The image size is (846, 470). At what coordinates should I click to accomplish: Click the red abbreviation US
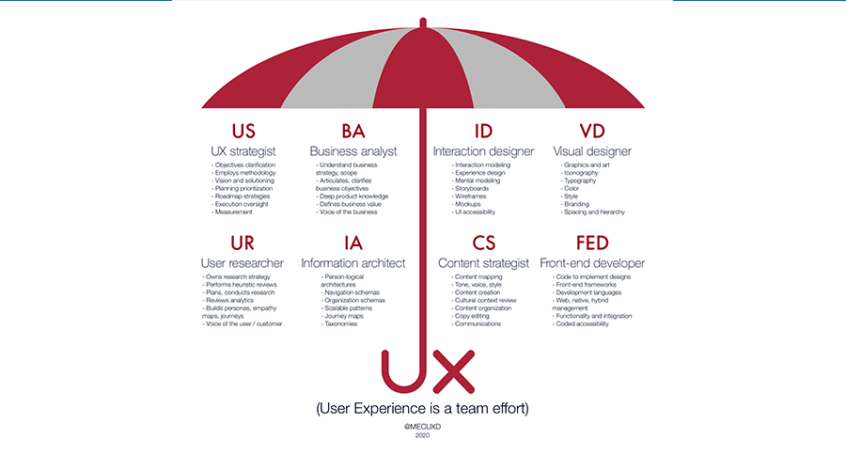(x=243, y=131)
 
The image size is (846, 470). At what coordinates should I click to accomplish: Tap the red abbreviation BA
(x=353, y=131)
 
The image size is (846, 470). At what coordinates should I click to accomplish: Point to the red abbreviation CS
(x=484, y=243)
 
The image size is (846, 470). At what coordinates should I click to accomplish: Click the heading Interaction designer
(x=483, y=151)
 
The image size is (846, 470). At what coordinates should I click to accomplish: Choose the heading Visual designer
(x=592, y=151)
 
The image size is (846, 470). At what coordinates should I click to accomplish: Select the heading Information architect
(x=352, y=263)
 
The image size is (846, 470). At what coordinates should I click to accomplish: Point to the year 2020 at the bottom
(x=423, y=436)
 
